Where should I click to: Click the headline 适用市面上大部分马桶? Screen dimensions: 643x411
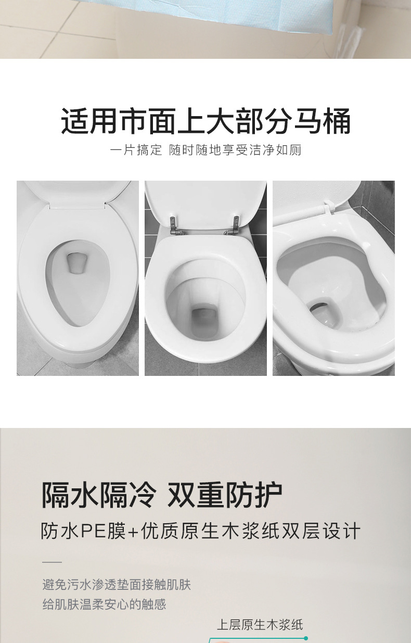pyautogui.click(x=205, y=121)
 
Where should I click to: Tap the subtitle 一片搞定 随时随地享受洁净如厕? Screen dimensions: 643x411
pyautogui.click(x=205, y=150)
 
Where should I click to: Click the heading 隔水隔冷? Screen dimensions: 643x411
pyautogui.click(x=98, y=495)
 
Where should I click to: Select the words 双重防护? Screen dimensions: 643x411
pyautogui.click(x=225, y=495)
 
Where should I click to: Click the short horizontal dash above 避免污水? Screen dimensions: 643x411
pyautogui.click(x=52, y=562)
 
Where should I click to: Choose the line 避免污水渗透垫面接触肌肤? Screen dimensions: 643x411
pyautogui.click(x=117, y=585)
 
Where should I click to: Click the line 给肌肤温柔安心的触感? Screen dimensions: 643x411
pyautogui.click(x=104, y=604)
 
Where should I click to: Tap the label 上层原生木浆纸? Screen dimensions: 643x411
pyautogui.click(x=260, y=625)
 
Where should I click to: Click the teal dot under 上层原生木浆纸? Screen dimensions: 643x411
pyautogui.click(x=306, y=638)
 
